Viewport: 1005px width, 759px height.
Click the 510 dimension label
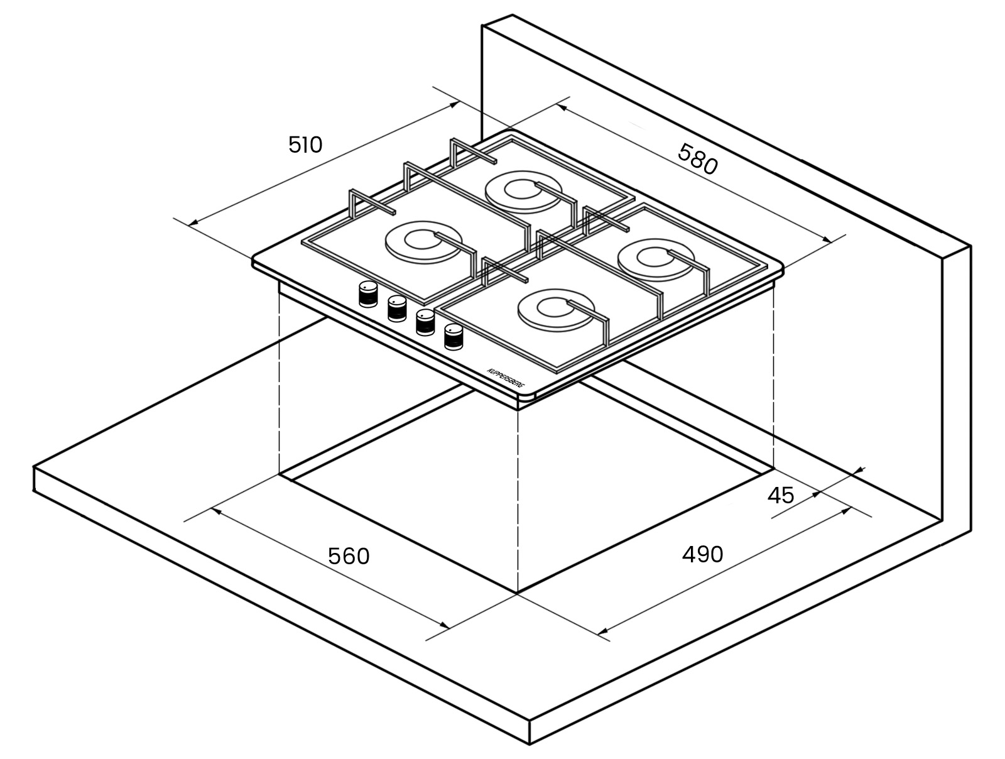(x=305, y=145)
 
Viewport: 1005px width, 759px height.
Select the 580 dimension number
(x=698, y=159)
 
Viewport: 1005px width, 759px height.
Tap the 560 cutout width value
(x=349, y=557)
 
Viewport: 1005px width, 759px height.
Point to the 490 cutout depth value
(x=703, y=554)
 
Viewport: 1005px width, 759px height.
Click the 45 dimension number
(x=781, y=495)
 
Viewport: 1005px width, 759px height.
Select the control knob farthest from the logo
(x=368, y=293)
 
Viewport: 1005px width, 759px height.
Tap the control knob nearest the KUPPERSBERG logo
(x=454, y=337)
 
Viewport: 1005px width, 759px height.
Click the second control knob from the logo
(x=425, y=322)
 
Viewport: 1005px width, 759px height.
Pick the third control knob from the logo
(x=397, y=308)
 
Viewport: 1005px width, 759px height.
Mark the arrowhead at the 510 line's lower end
(x=193, y=222)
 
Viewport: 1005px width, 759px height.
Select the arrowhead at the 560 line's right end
(x=443, y=625)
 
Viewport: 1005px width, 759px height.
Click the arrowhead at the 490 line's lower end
(x=604, y=631)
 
